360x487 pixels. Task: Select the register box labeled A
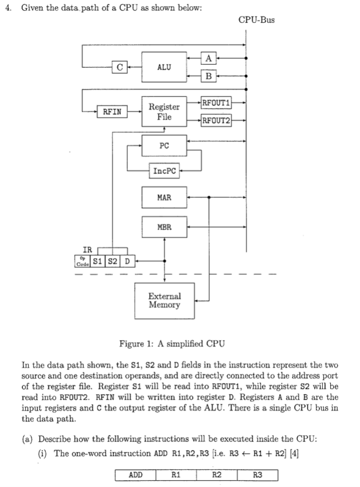click(x=208, y=57)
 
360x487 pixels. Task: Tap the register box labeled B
click(x=208, y=75)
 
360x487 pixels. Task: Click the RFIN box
click(x=112, y=111)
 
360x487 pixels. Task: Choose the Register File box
click(x=164, y=111)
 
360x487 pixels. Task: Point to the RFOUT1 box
click(x=216, y=103)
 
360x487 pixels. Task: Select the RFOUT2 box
click(x=216, y=120)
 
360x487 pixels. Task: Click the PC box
click(x=164, y=146)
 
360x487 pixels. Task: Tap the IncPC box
click(x=164, y=170)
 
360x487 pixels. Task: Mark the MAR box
click(x=164, y=197)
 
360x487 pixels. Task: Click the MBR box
click(x=164, y=228)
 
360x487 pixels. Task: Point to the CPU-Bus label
click(x=256, y=20)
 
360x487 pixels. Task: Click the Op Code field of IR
click(x=83, y=262)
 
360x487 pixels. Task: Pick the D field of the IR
click(x=127, y=262)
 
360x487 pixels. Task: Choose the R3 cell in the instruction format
click(x=257, y=475)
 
